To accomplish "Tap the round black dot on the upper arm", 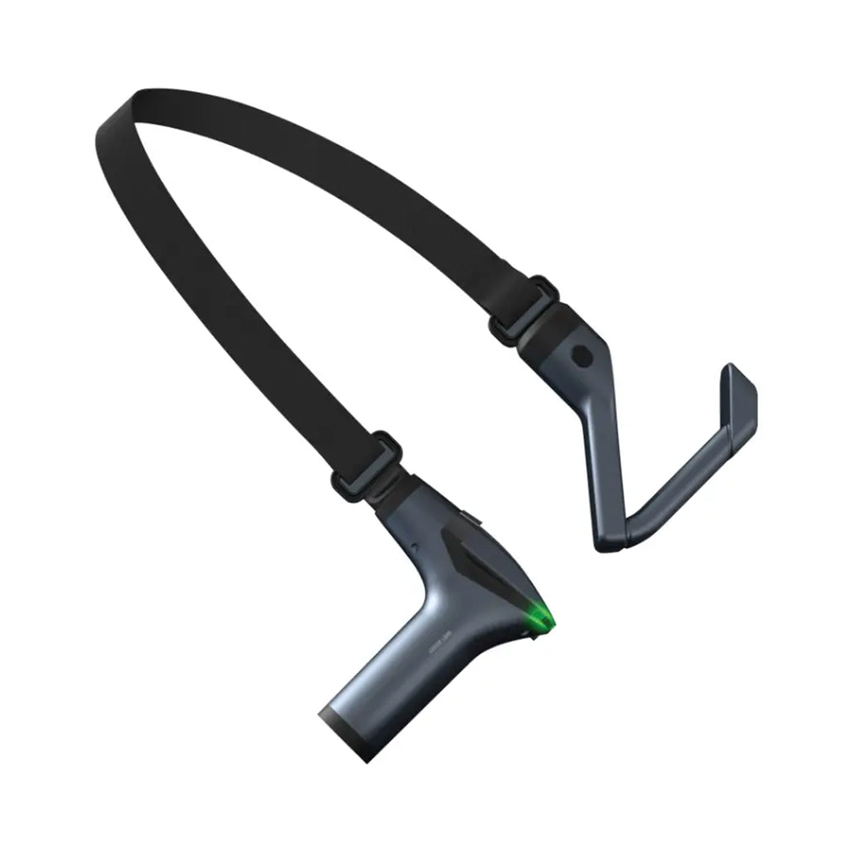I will coord(583,357).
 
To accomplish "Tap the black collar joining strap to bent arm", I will coord(550,328).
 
